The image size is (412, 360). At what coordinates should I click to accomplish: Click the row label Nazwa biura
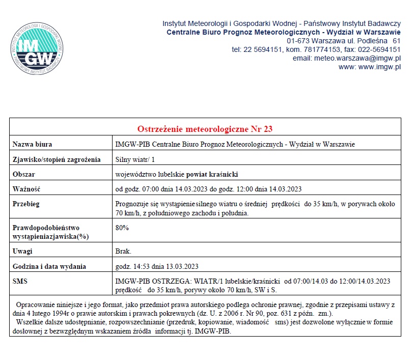[x=32, y=145]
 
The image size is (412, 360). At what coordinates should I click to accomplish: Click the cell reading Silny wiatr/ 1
[x=135, y=159]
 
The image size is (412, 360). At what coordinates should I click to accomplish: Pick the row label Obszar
[x=23, y=174]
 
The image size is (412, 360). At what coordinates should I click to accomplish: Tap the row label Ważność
[x=26, y=189]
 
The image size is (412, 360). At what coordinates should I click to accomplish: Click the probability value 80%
[x=122, y=228]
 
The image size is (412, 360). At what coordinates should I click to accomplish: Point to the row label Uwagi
[x=22, y=252]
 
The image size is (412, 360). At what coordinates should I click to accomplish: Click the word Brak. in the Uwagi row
[x=124, y=252]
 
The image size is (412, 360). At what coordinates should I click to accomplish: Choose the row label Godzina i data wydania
[x=49, y=266]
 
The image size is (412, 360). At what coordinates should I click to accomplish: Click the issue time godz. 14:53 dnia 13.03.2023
[x=157, y=266]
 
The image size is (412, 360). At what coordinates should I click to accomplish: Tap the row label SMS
[x=20, y=281]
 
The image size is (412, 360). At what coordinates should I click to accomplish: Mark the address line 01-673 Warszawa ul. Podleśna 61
[x=344, y=41]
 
